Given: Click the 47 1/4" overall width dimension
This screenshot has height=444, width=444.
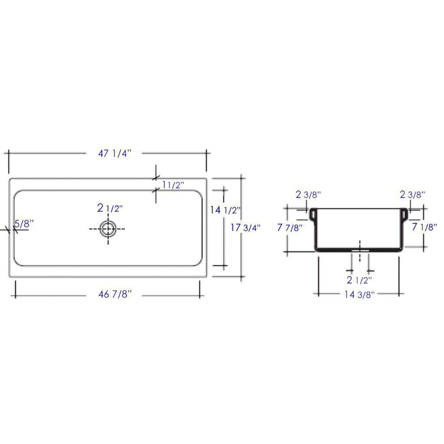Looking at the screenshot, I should coord(115,153).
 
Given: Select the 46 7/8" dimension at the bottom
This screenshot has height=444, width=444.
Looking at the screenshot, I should coord(115,294).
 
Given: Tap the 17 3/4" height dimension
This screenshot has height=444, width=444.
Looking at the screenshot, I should coord(246,228).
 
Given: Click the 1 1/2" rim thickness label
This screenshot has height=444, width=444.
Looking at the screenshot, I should coord(173,185).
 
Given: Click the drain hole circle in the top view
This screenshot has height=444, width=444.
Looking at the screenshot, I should coord(108,229).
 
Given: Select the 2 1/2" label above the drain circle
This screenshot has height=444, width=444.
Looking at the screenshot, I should coord(110,208).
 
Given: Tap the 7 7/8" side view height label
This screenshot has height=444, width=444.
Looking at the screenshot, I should coord(290,228).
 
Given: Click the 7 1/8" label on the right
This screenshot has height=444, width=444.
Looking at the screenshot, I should coord(424,227).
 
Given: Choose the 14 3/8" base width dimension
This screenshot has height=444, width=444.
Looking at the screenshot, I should coord(359,295).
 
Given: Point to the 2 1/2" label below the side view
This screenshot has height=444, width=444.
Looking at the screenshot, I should coord(359,280).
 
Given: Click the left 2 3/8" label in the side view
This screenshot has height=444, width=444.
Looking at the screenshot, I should coord(308,194).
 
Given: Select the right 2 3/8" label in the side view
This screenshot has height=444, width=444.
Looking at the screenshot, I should coord(412,194).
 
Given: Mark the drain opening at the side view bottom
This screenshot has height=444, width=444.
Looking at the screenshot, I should coord(360,250).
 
